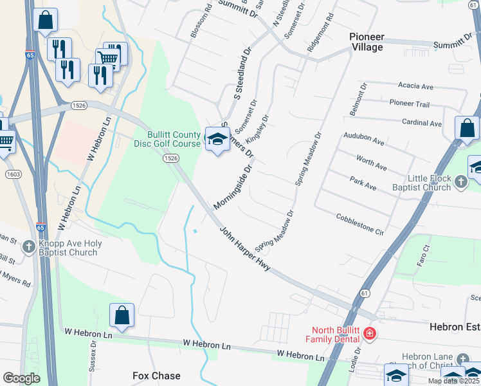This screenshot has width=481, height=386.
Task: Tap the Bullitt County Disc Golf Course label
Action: click(174, 138)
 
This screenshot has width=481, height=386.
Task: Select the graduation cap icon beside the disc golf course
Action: click(217, 140)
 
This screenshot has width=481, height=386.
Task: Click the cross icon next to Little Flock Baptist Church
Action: click(460, 183)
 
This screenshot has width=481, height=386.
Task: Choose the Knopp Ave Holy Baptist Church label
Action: click(68, 248)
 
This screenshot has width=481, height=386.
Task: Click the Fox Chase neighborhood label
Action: click(156, 375)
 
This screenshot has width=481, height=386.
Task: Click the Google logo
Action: click(21, 378)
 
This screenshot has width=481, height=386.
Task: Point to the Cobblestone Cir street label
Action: click(359, 225)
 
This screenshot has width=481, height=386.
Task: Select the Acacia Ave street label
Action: click(415, 86)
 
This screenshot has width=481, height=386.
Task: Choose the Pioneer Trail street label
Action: click(409, 103)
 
